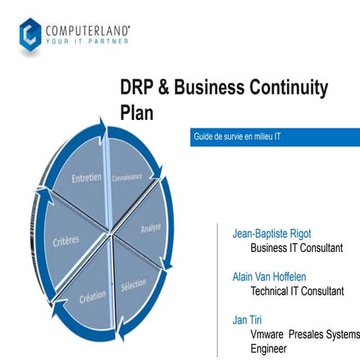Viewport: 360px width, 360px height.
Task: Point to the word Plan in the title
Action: (x=138, y=113)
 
